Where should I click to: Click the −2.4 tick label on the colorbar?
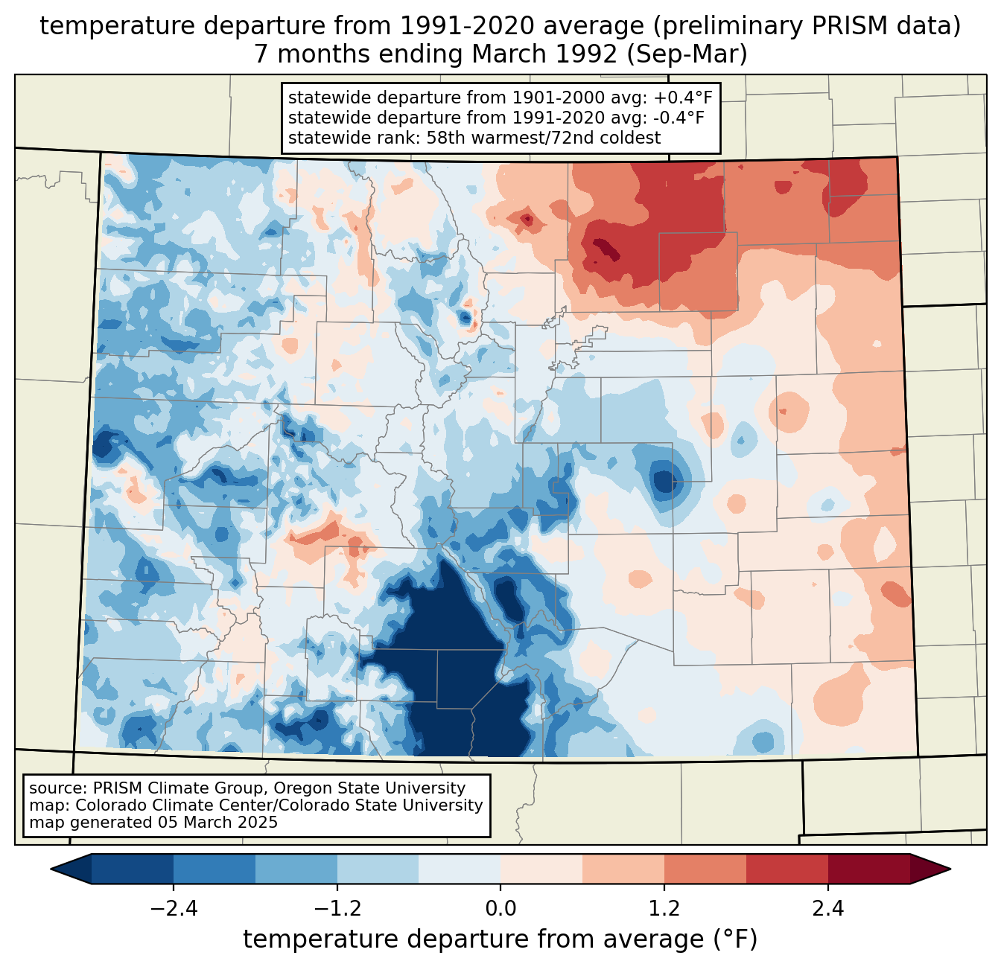174,909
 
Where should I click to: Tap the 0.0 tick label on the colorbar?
500,909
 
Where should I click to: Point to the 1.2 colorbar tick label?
664,909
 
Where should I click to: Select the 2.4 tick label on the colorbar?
827,909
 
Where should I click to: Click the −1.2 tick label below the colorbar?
337,909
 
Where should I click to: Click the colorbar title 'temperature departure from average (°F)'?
500,939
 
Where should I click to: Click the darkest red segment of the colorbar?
868,869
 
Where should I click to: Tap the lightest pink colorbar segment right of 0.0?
541,869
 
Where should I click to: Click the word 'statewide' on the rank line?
321,138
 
